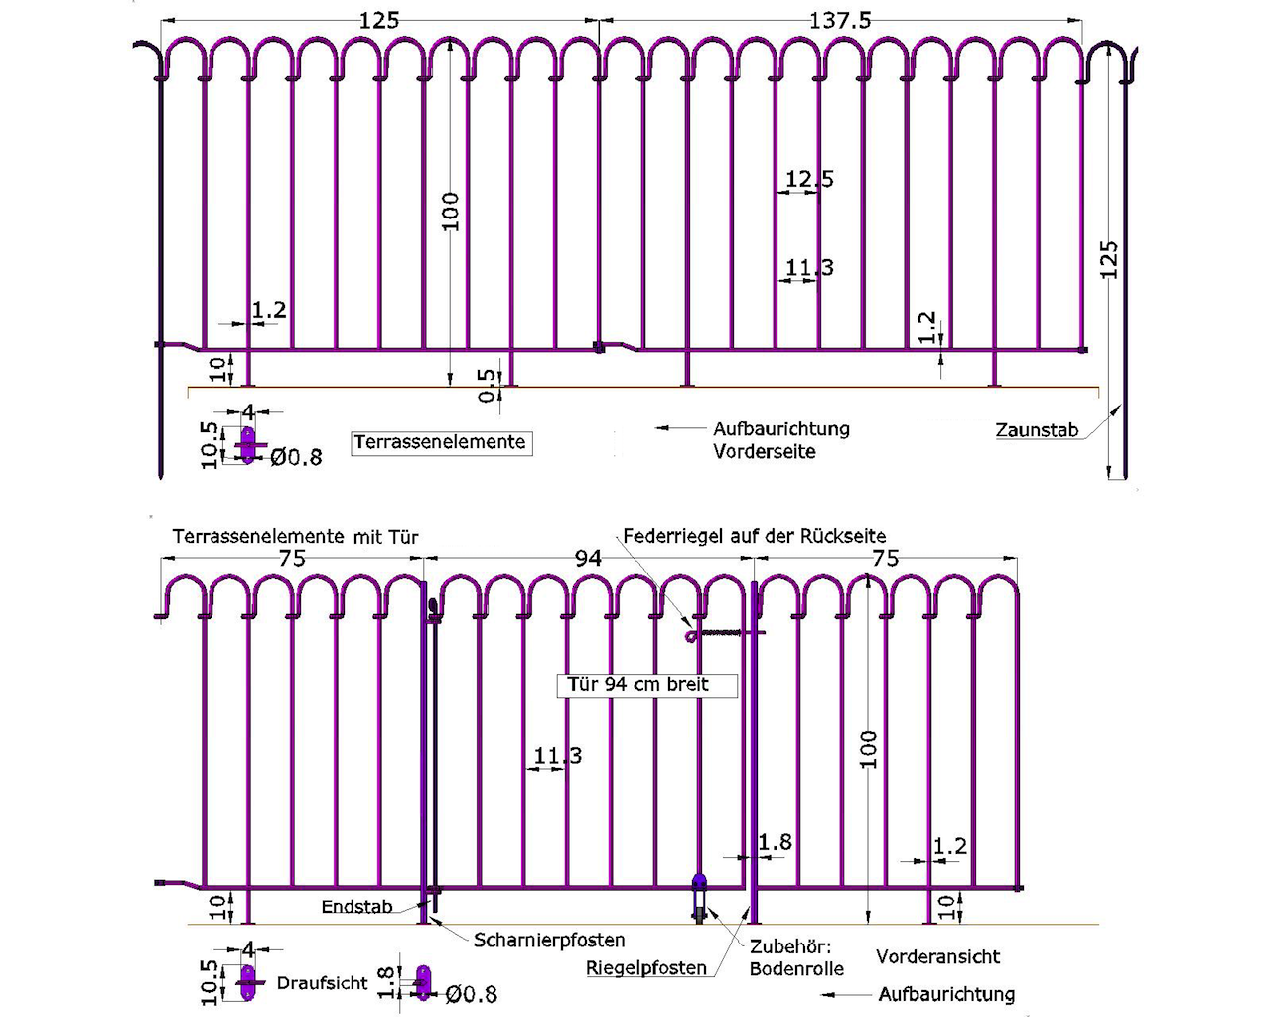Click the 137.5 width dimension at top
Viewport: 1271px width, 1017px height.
pyautogui.click(x=839, y=20)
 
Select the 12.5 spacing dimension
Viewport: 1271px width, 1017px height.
pyautogui.click(x=809, y=180)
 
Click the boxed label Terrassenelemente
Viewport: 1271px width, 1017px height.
pyautogui.click(x=440, y=442)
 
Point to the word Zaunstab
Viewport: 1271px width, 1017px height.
pyautogui.click(x=1037, y=430)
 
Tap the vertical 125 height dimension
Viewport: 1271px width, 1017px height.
pyautogui.click(x=1109, y=258)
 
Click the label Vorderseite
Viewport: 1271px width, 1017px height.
pyautogui.click(x=764, y=452)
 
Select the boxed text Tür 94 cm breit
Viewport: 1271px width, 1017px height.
pyautogui.click(x=638, y=685)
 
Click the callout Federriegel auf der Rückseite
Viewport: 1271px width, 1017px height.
pyautogui.click(x=755, y=536)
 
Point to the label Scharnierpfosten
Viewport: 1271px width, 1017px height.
pyautogui.click(x=549, y=940)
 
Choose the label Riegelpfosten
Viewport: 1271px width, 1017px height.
pyautogui.click(x=645, y=967)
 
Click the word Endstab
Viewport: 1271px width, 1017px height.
pyautogui.click(x=356, y=907)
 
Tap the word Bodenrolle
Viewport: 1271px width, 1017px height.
pyautogui.click(x=796, y=968)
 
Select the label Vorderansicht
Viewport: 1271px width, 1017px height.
pyautogui.click(x=937, y=957)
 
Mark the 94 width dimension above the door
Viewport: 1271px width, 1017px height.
pyautogui.click(x=588, y=559)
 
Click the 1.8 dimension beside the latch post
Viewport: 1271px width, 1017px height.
pyautogui.click(x=775, y=843)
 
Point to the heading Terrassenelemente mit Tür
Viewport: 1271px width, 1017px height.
pyautogui.click(x=295, y=537)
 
